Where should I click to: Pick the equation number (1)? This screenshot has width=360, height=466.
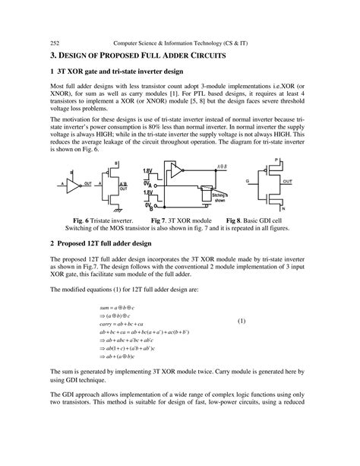[242, 321]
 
